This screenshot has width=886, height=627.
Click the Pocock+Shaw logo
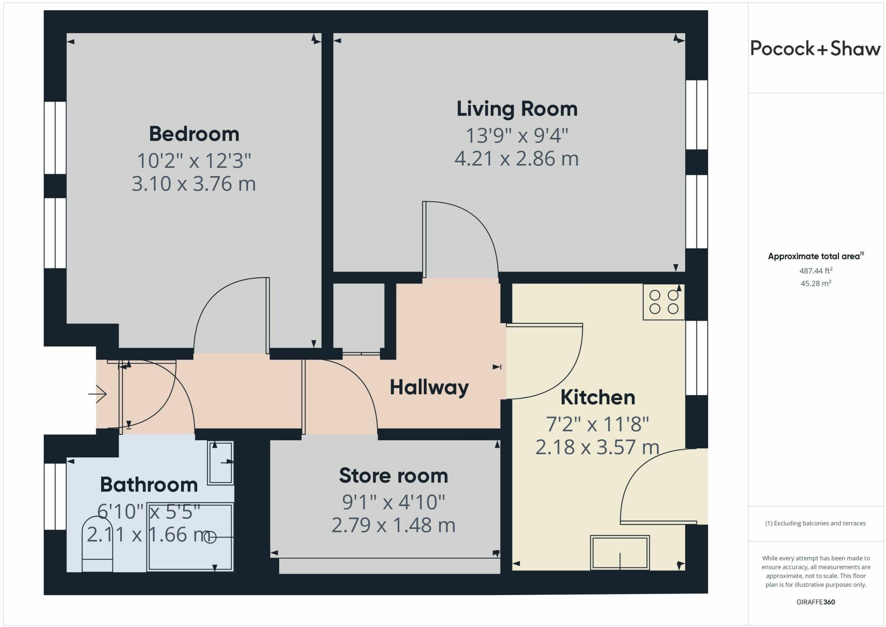(815, 48)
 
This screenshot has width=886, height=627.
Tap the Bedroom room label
(194, 134)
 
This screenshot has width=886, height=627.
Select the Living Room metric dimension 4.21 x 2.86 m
(517, 158)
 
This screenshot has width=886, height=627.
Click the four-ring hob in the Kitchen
(664, 302)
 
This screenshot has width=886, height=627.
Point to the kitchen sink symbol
(620, 553)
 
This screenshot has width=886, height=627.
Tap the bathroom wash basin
(221, 463)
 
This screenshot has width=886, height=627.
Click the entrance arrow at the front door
(98, 394)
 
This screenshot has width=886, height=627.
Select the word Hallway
(429, 387)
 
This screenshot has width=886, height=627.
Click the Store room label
(393, 476)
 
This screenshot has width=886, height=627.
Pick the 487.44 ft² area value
(815, 271)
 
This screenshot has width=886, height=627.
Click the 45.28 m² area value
(815, 283)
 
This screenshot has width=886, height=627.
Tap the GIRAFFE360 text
(815, 602)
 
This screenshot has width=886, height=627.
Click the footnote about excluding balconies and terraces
(815, 523)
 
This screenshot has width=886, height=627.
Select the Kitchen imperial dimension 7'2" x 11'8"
(597, 424)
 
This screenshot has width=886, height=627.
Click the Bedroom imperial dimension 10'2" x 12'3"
(194, 161)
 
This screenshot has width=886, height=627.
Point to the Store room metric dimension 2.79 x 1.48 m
(393, 525)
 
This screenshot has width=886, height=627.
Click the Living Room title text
(517, 109)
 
